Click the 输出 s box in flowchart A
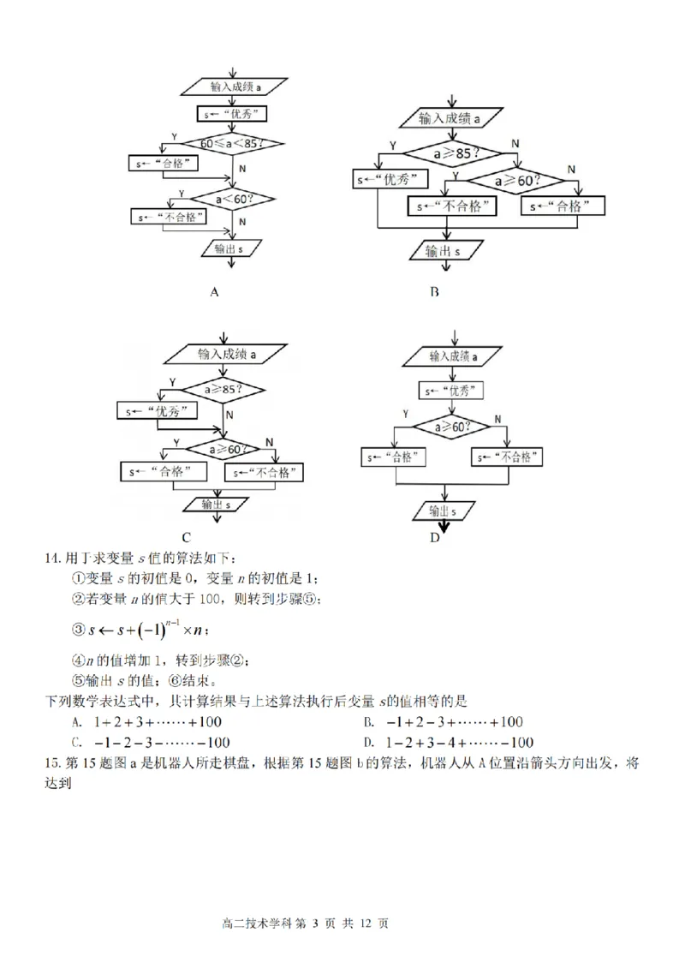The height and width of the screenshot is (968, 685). tap(229, 248)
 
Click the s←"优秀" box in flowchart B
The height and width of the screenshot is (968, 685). tap(390, 180)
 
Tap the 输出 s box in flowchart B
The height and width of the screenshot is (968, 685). tap(445, 252)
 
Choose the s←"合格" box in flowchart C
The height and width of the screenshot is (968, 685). tap(167, 472)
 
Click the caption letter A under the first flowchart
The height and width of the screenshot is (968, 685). tap(215, 291)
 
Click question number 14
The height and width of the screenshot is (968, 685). tap(53, 559)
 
